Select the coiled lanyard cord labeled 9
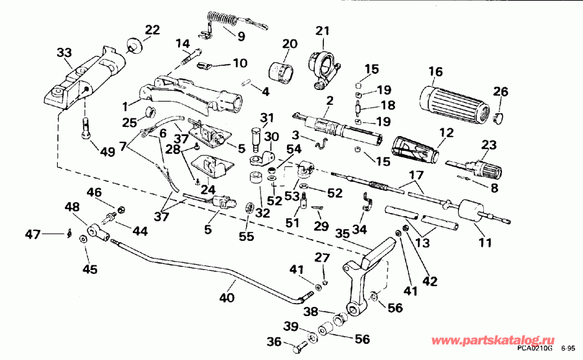221,24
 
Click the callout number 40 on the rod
227,298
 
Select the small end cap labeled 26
499,117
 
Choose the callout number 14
183,43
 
